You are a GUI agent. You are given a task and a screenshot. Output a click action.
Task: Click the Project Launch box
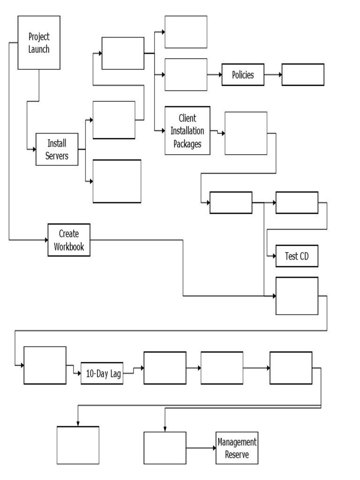(x=39, y=43)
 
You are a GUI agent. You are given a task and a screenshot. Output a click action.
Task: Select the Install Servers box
(x=57, y=150)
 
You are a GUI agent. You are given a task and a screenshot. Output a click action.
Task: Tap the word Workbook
(x=69, y=247)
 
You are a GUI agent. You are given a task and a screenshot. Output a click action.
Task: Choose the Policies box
(x=243, y=75)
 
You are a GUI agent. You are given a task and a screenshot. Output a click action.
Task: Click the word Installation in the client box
(x=187, y=131)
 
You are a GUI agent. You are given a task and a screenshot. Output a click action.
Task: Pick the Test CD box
(x=297, y=256)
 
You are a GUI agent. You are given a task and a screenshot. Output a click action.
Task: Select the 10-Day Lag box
(x=102, y=374)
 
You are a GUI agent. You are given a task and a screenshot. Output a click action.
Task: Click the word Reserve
(x=237, y=454)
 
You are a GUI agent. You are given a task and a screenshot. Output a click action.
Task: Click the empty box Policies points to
(x=303, y=75)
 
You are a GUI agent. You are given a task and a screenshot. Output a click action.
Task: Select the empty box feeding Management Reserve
(x=165, y=448)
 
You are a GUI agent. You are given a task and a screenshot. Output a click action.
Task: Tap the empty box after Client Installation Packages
(x=246, y=133)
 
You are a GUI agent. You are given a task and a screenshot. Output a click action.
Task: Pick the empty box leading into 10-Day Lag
(x=45, y=366)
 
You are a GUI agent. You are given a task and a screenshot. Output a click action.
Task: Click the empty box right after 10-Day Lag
(x=165, y=368)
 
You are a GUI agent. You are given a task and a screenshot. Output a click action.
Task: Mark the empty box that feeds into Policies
(x=186, y=75)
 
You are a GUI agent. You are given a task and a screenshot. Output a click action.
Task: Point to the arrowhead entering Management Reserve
(x=213, y=448)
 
